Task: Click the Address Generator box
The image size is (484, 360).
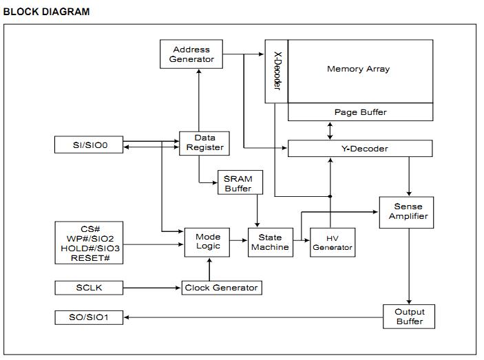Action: point(191,54)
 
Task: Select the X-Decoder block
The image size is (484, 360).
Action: point(276,71)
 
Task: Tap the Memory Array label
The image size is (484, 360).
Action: point(358,69)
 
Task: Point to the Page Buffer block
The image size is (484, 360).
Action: point(360,112)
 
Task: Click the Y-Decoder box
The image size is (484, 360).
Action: point(359,149)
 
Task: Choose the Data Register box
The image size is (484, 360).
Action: point(204,143)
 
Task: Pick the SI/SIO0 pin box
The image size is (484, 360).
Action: point(90,145)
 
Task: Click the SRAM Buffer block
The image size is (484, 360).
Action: point(238,183)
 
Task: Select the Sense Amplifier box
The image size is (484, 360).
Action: point(408,211)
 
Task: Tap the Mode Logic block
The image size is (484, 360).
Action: point(207,242)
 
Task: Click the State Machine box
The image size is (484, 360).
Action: point(269,242)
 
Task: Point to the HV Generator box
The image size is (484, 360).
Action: point(333,242)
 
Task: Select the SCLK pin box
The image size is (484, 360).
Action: point(90,287)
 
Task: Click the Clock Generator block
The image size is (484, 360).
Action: point(221,288)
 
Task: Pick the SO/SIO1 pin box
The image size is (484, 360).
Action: point(90,317)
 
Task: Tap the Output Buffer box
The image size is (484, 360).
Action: point(409,317)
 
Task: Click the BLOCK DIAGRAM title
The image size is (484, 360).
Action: point(46,12)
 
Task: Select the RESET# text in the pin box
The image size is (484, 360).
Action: point(90,258)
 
